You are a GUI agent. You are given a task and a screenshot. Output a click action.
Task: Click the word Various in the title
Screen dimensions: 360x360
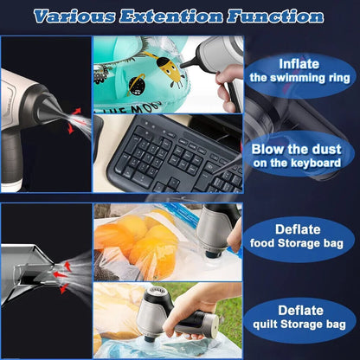pos(74,16)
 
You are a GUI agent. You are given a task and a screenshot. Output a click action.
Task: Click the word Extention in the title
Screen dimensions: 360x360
pos(170,16)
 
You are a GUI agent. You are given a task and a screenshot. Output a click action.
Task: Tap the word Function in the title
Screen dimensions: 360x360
pos(275,16)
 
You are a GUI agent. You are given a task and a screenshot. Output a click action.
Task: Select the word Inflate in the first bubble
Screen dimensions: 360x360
pos(299,64)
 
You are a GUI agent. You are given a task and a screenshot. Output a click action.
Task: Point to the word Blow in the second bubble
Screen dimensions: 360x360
pos(267,149)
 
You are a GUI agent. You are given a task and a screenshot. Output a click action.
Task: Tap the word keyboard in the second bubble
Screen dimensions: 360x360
pos(316,163)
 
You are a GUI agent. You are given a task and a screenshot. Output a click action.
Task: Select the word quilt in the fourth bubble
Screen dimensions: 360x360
pos(266,325)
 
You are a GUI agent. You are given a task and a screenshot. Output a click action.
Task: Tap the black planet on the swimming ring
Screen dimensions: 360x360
pos(136,85)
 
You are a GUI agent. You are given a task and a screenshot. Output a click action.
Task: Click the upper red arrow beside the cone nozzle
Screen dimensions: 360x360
pos(76,112)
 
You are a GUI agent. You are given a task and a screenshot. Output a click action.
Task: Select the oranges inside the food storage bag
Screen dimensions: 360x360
pos(138,241)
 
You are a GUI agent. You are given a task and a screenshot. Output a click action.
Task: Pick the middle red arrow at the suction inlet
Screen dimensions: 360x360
pos(60,274)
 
